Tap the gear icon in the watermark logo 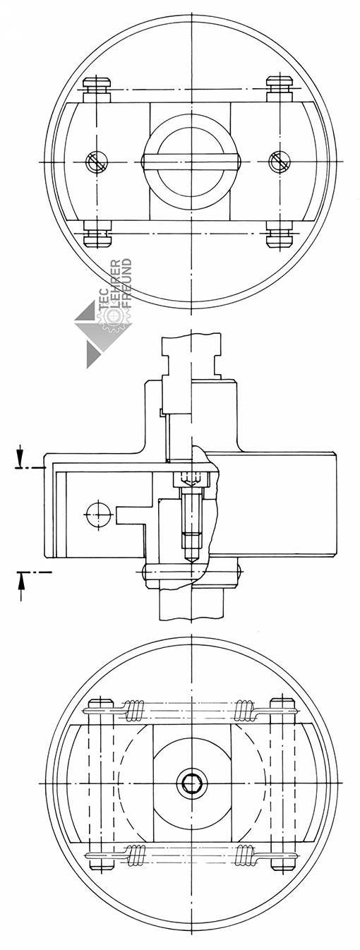[114, 316]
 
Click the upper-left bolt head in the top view [98, 85]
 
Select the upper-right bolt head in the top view [281, 85]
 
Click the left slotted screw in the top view [97, 162]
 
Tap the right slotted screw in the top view [280, 162]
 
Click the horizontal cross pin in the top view [191, 162]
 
